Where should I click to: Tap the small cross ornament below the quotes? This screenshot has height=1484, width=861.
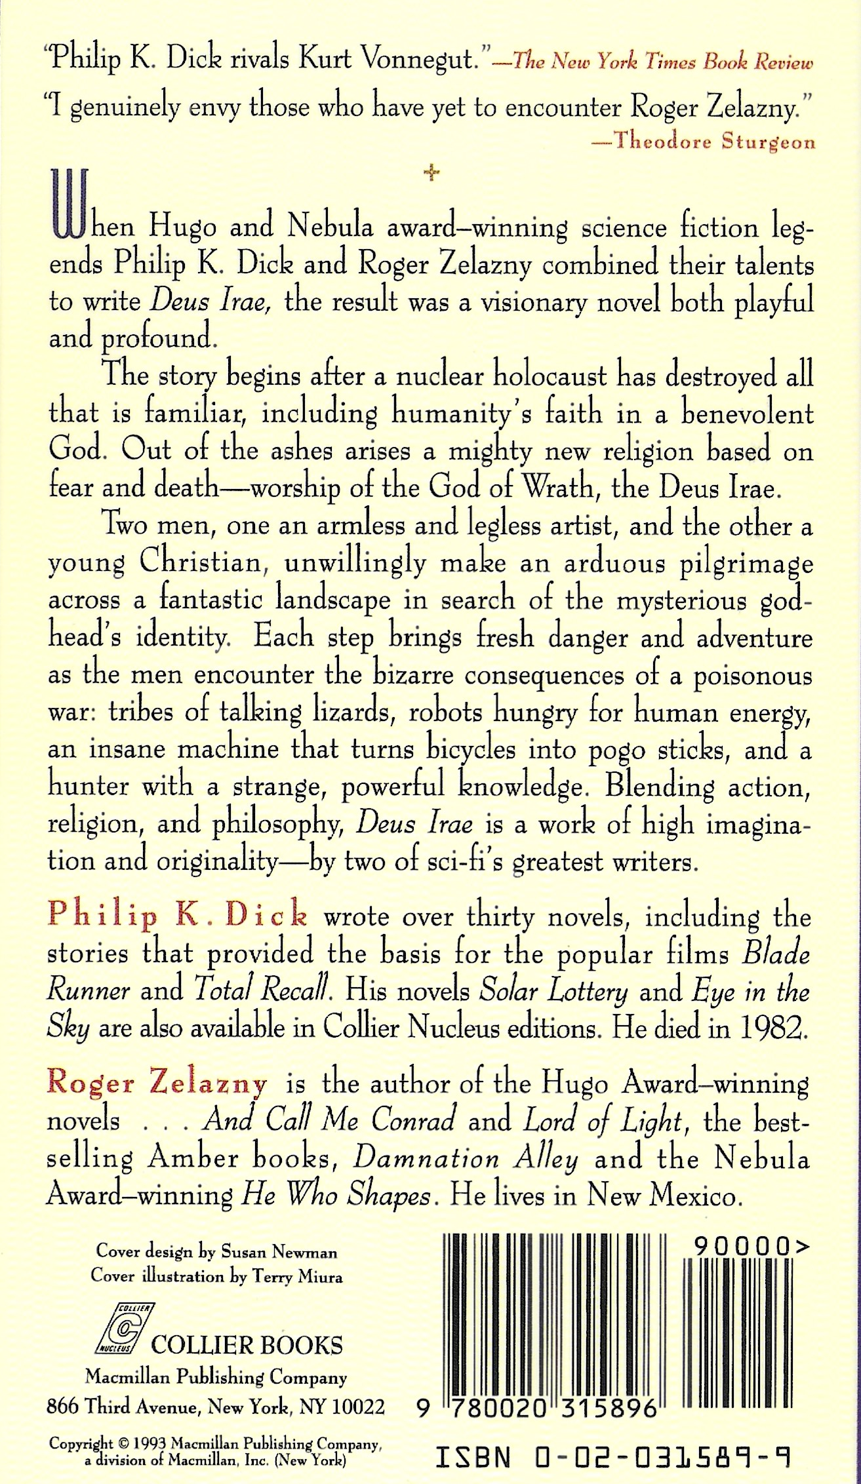pos(431,173)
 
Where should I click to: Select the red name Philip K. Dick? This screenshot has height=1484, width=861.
pos(177,915)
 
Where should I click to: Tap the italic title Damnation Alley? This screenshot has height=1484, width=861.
pos(466,1159)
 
